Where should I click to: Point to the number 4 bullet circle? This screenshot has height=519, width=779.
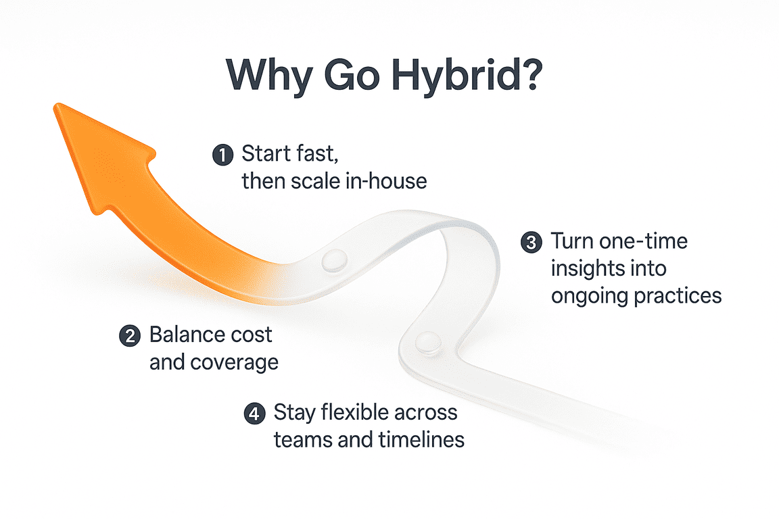[254, 414]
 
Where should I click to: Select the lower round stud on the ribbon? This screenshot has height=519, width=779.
[425, 342]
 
